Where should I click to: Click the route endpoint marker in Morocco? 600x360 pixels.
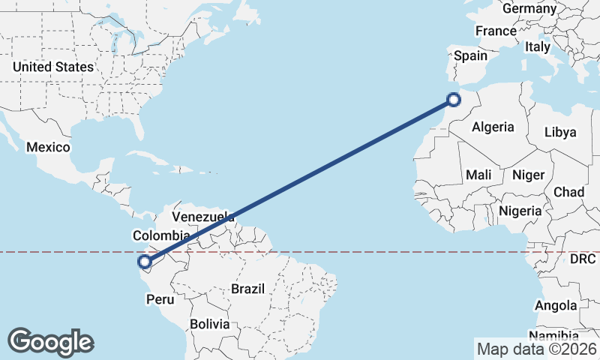tap(453, 99)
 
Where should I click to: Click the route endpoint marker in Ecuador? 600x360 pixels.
tap(144, 262)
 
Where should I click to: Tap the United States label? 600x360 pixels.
tap(53, 67)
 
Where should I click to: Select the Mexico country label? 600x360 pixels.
tap(48, 147)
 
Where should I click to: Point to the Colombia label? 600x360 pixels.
tap(160, 235)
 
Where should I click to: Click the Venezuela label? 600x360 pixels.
tap(203, 217)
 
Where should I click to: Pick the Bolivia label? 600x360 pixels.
tap(209, 325)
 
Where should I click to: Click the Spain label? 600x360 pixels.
tap(470, 55)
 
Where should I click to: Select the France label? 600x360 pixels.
tap(496, 31)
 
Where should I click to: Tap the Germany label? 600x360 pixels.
tap(529, 9)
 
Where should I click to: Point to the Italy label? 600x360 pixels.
tap(537, 46)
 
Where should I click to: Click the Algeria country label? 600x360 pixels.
tap(493, 127)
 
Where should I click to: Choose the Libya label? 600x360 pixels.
tap(560, 132)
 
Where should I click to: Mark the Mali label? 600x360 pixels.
tap(478, 175)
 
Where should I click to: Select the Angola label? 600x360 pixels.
tap(556, 305)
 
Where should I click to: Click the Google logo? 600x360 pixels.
tap(50, 342)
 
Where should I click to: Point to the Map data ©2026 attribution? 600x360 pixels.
tap(536, 349)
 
